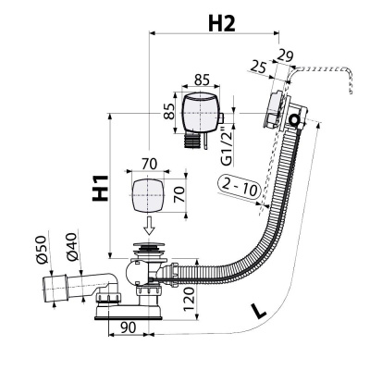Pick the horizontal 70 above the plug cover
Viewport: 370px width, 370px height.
click(x=148, y=163)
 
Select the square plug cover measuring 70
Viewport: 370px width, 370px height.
click(x=148, y=196)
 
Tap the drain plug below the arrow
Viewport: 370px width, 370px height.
click(x=147, y=250)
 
